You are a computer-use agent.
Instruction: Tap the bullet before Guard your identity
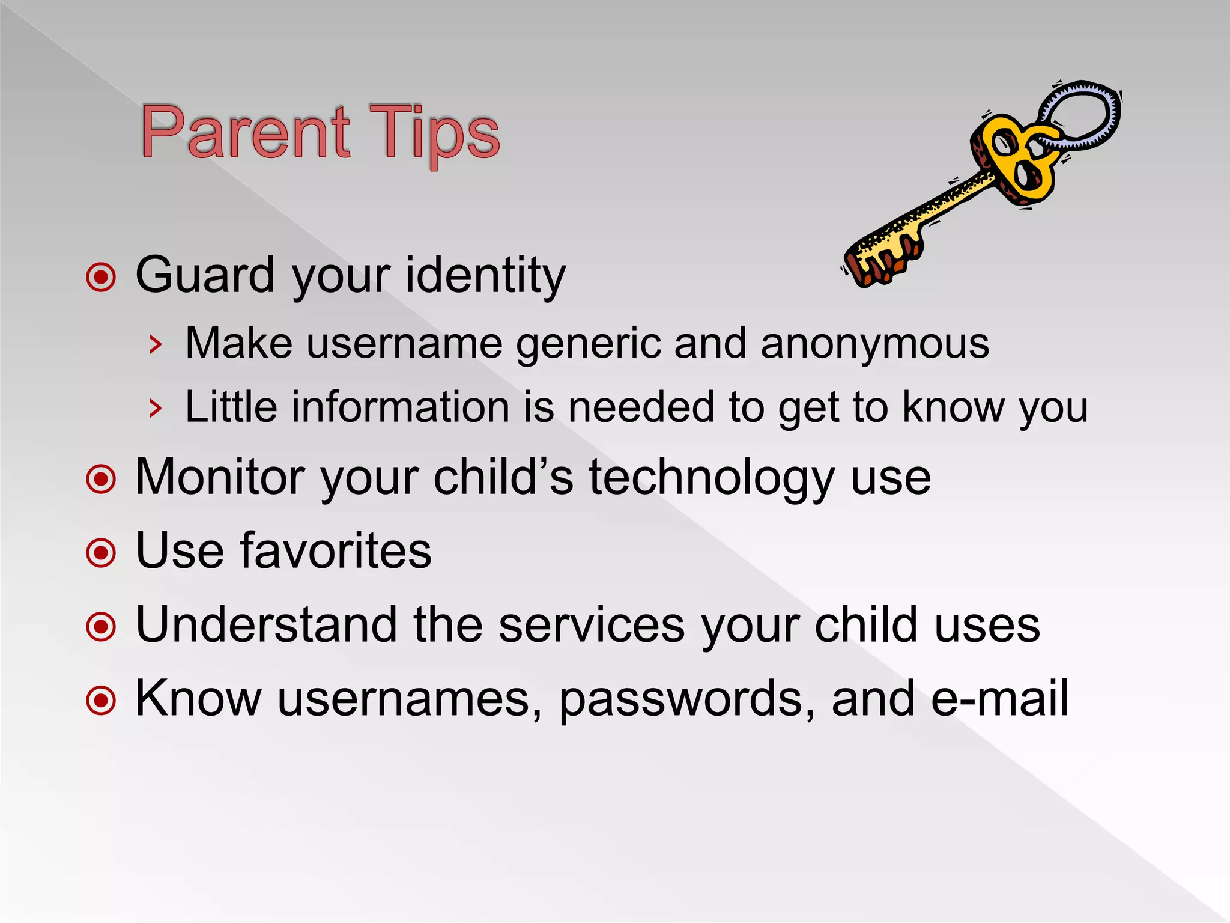click(101, 277)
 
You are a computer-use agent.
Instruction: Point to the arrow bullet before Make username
click(156, 345)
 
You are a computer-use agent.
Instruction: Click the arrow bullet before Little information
click(156, 409)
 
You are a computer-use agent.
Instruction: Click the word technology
click(712, 477)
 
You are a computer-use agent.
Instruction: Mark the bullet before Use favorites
click(101, 552)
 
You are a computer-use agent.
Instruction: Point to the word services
click(591, 625)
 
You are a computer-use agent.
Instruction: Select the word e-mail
click(999, 699)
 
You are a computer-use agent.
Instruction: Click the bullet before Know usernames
click(101, 700)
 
